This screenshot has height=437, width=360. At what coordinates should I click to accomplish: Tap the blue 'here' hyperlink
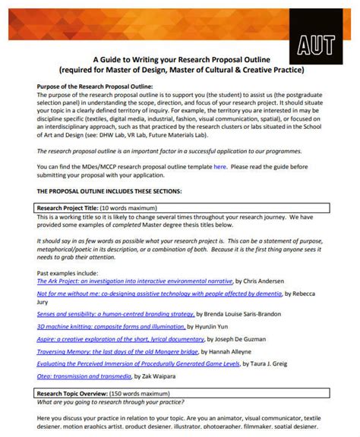pyautogui.click(x=219, y=165)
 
